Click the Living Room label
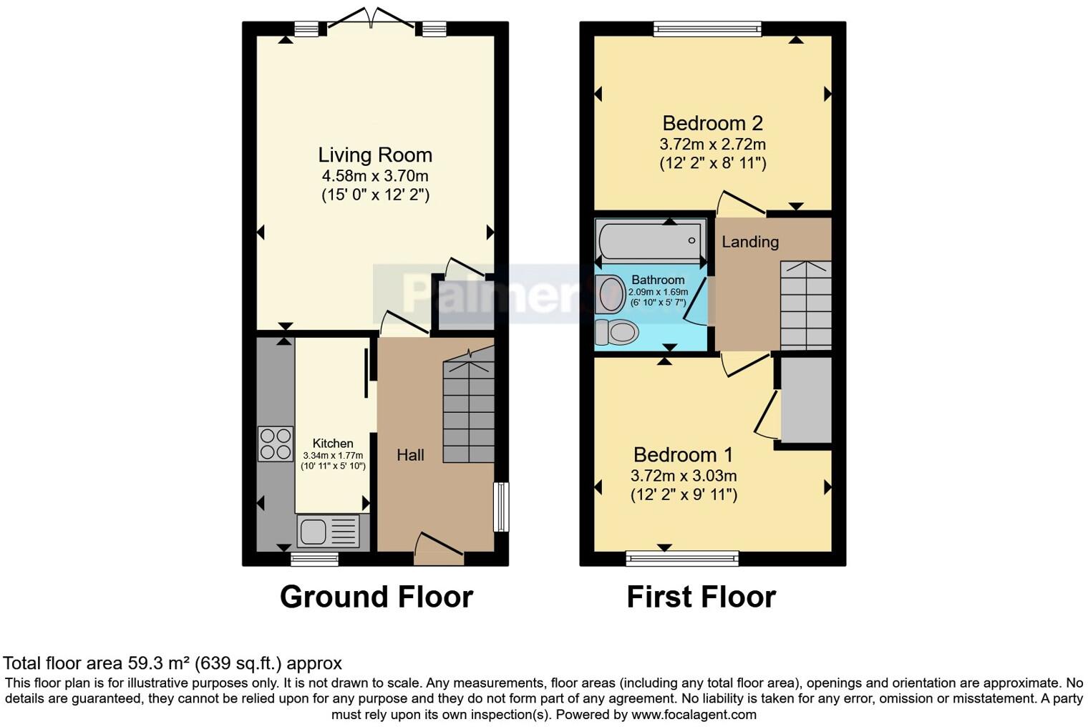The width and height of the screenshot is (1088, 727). tap(375, 155)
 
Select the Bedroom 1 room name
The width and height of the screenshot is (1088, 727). tap(684, 454)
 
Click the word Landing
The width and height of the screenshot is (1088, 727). tap(749, 242)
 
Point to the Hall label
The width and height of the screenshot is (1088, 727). tap(410, 455)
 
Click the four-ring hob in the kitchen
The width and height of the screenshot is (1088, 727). tap(276, 443)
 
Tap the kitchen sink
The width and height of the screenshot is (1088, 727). tap(329, 532)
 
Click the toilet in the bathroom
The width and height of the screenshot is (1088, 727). tap(617, 332)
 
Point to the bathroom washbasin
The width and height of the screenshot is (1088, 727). tap(611, 294)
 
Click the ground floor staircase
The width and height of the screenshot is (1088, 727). tap(469, 411)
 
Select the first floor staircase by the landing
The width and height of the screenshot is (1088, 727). tap(805, 305)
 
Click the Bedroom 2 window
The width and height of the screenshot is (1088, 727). tap(706, 29)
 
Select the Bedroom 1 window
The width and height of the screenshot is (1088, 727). tap(682, 557)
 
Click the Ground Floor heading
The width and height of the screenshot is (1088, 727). tap(376, 597)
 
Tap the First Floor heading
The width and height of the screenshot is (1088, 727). tap(701, 597)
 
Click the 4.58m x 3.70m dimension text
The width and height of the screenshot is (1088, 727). tap(375, 175)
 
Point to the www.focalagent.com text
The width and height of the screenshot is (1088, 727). tap(694, 714)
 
